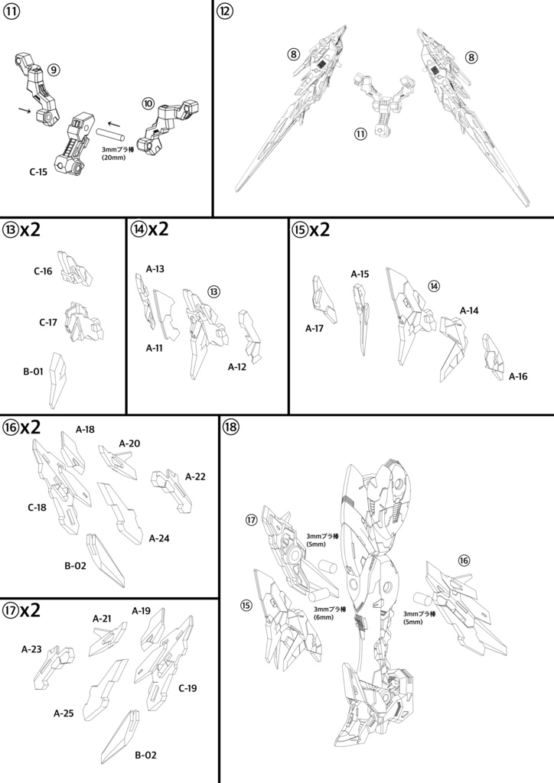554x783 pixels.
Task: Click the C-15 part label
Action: [38, 172]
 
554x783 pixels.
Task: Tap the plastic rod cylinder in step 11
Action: [111, 136]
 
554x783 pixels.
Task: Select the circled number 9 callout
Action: [54, 70]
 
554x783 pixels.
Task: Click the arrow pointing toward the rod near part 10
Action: [115, 123]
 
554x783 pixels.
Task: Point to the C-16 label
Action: [43, 271]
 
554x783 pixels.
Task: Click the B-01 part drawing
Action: [57, 381]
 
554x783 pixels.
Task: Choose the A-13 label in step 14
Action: [155, 269]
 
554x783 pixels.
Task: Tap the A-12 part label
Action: [237, 367]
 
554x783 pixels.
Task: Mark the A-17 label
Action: [314, 328]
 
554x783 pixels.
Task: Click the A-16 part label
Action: [518, 376]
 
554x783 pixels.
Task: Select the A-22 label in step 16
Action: [195, 477]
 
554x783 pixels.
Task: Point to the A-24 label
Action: [159, 538]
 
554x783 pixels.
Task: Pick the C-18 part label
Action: [37, 508]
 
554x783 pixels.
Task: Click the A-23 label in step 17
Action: [31, 650]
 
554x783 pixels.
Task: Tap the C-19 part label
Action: [187, 688]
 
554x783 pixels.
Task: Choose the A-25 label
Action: [64, 713]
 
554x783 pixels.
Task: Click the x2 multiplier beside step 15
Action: [319, 229]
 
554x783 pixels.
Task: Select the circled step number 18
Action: [231, 427]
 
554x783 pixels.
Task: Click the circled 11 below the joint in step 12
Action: [360, 134]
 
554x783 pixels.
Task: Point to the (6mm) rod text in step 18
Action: [324, 617]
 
